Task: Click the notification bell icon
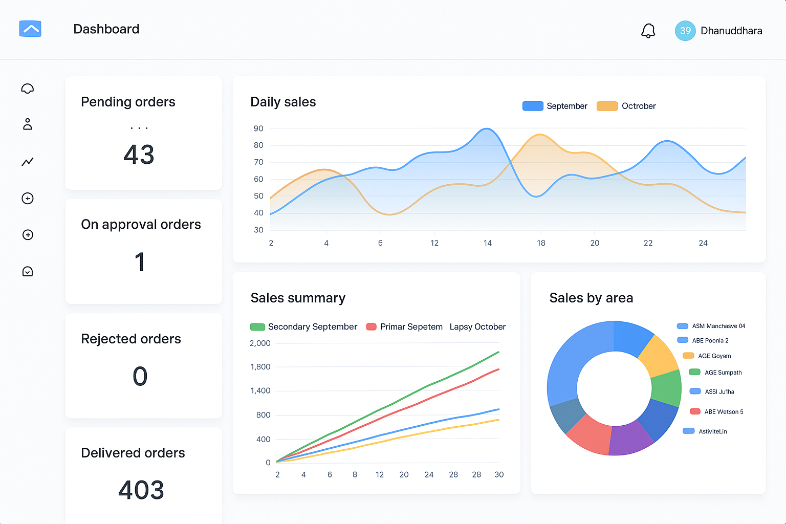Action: pyautogui.click(x=648, y=31)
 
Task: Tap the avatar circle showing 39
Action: pyautogui.click(x=685, y=31)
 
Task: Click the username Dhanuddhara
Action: pyautogui.click(x=731, y=31)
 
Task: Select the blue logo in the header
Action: pyautogui.click(x=30, y=29)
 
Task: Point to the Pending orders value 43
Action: pyautogui.click(x=139, y=155)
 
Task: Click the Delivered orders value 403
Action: pyautogui.click(x=141, y=490)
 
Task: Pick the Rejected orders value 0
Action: pyautogui.click(x=140, y=376)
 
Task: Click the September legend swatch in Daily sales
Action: pyautogui.click(x=533, y=106)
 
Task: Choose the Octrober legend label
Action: pyautogui.click(x=638, y=106)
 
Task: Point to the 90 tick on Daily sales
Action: pyautogui.click(x=258, y=128)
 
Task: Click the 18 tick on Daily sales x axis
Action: pyautogui.click(x=541, y=243)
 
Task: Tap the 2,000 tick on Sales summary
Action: pyautogui.click(x=260, y=343)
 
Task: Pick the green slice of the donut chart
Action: pyautogui.click(x=667, y=388)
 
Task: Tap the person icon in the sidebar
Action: pyautogui.click(x=28, y=124)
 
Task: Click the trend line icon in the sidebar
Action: pyautogui.click(x=28, y=162)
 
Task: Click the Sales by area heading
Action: pyautogui.click(x=591, y=298)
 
